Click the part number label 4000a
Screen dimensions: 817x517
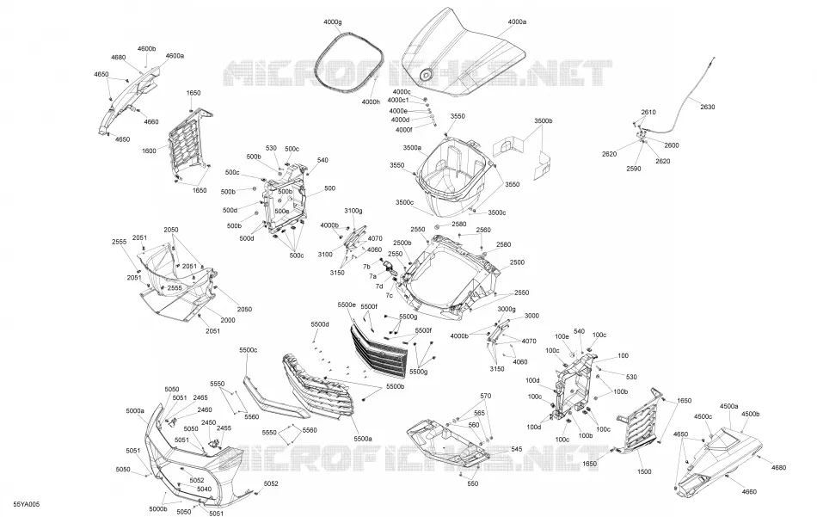click(x=517, y=22)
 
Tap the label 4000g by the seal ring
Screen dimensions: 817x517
click(x=333, y=22)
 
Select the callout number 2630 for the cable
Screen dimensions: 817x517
click(x=708, y=107)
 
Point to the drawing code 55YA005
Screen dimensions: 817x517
click(x=27, y=504)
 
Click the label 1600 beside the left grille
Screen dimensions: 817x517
click(x=149, y=151)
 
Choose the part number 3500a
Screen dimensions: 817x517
click(x=412, y=147)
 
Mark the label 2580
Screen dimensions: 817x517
click(x=459, y=225)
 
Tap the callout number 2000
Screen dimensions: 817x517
click(x=228, y=320)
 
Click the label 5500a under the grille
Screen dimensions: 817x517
click(x=363, y=439)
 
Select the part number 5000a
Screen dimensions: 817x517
click(x=135, y=410)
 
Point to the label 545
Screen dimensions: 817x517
click(x=516, y=449)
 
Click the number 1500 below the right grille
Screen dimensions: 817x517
click(x=644, y=471)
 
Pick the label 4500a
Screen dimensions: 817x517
click(x=729, y=406)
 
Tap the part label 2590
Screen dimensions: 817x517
click(x=634, y=169)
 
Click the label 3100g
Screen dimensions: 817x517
click(x=353, y=211)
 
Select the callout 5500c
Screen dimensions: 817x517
click(x=249, y=350)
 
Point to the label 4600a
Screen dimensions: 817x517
click(x=175, y=56)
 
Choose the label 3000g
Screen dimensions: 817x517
click(x=507, y=309)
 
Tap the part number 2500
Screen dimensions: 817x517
click(x=517, y=262)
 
